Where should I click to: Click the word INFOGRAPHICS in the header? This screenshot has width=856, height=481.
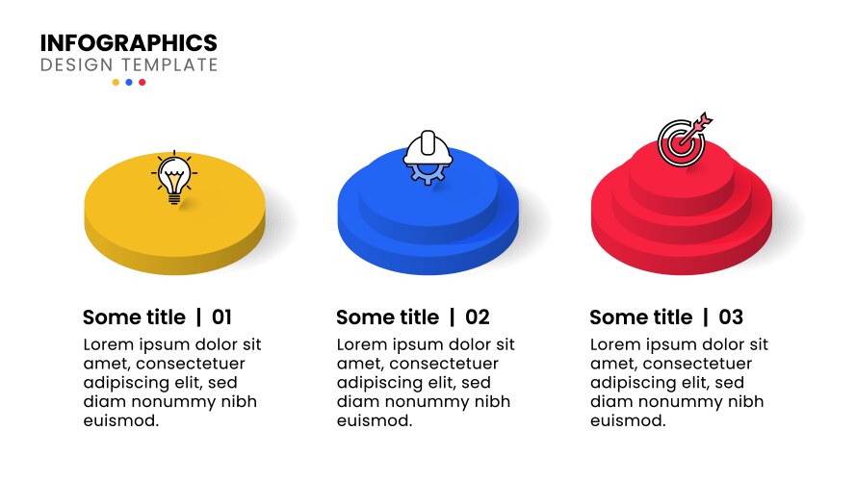[128, 43]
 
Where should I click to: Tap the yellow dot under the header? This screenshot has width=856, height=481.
[116, 83]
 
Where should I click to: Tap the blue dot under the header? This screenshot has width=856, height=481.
[129, 83]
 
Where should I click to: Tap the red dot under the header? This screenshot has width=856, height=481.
[143, 83]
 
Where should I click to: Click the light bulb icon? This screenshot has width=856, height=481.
[173, 179]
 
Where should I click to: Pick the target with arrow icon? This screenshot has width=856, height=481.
[683, 141]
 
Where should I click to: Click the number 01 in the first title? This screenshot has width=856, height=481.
[221, 317]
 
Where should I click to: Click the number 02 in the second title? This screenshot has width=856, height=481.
[478, 317]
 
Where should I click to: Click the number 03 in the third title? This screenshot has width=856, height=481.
[731, 317]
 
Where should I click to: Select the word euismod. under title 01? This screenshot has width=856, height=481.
[120, 420]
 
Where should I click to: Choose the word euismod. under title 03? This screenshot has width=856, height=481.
[627, 420]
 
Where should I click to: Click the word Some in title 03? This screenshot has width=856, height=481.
[614, 317]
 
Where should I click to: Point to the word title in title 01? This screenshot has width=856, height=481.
[164, 317]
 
